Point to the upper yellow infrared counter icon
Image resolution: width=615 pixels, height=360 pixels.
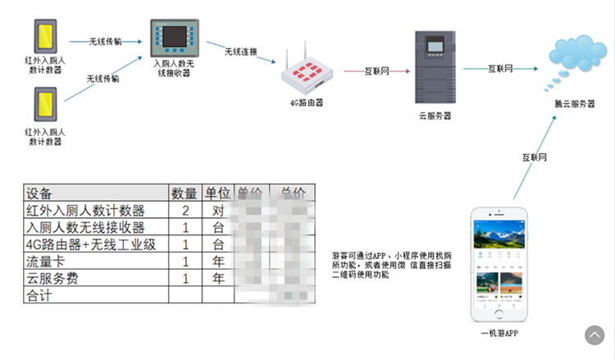[x=44, y=32]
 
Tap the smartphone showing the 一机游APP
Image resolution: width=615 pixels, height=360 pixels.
[x=499, y=265]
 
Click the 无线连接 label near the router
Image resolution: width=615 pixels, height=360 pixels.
[x=240, y=52]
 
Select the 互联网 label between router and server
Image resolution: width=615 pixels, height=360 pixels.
[x=376, y=71]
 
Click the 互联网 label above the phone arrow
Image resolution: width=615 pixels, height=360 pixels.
[x=534, y=157]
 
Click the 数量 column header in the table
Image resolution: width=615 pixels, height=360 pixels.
[x=184, y=194]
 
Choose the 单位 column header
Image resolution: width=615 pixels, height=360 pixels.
[x=218, y=194]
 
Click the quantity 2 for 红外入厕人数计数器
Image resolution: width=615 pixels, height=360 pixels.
[x=184, y=211]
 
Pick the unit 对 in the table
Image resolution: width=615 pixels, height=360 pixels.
[x=218, y=211]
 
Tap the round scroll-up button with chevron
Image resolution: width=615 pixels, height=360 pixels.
[x=594, y=335]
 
